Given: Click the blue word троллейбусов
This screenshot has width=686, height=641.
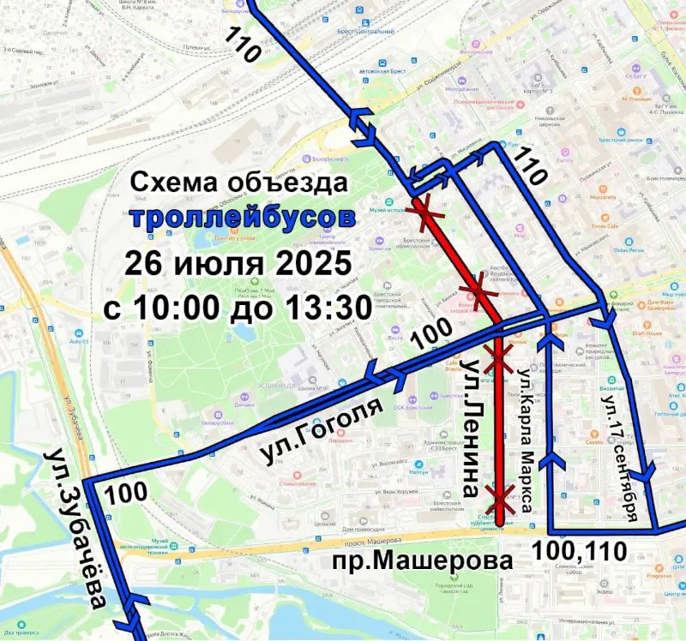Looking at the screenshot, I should tap(243, 216).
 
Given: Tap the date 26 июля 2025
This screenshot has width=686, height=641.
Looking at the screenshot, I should tap(238, 261).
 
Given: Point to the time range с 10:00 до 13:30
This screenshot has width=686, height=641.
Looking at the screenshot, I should tap(237, 306).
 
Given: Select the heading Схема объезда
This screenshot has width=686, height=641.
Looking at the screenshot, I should tap(240, 183).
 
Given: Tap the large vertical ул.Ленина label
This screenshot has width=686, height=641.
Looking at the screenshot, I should tap(471, 429).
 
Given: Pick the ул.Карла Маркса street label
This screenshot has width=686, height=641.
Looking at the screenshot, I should tap(528, 441).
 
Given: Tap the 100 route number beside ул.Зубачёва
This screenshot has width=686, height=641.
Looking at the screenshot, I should tap(127, 493).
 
